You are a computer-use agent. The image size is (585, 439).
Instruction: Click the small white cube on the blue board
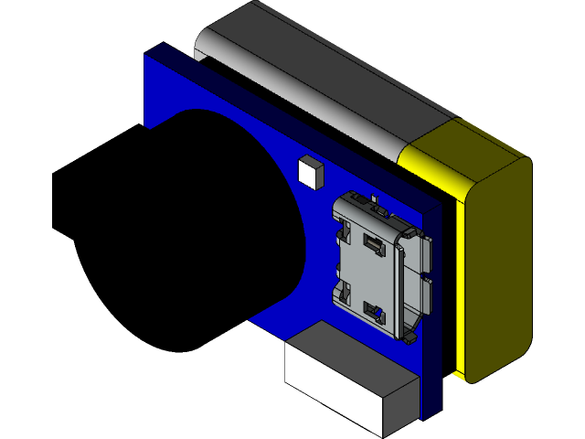point(310,171)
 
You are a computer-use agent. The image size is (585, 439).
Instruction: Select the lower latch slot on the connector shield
point(372,311)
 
